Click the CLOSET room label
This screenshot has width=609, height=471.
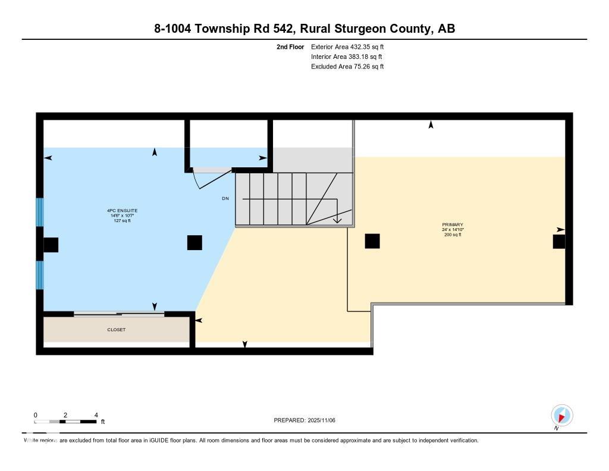point(117,329)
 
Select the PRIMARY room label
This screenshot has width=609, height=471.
point(453,224)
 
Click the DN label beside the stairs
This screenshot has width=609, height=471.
point(225,198)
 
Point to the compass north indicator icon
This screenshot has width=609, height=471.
point(561,415)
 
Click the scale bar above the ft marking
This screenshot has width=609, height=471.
point(65,422)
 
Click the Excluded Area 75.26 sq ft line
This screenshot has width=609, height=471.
point(347,67)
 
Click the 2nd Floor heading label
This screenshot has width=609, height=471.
point(290,46)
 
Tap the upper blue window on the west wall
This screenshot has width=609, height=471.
point(40,212)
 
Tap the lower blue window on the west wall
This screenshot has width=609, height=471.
point(40,275)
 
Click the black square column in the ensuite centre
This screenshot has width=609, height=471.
point(194,242)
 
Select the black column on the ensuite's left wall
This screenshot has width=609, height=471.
point(51,245)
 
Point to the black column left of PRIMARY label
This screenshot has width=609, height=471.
point(372,241)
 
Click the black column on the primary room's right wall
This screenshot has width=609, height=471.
point(558,241)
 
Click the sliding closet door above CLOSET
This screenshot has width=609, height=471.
point(119,313)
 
